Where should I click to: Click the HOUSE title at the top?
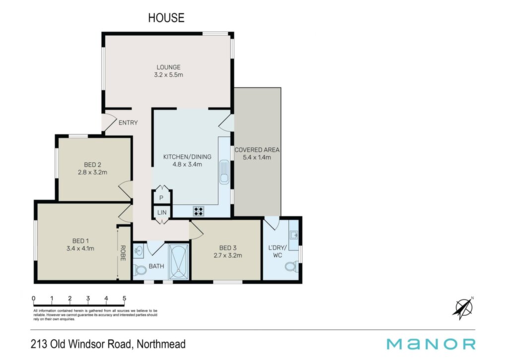(x=166, y=17)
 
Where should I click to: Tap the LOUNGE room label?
(x=169, y=67)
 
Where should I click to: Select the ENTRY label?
(x=128, y=122)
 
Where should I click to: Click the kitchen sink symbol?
(x=224, y=172)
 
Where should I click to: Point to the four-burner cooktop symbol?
(x=198, y=211)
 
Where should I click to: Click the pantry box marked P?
(x=161, y=197)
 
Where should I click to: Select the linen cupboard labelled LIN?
(x=162, y=212)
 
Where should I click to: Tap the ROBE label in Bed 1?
(x=123, y=253)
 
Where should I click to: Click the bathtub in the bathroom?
(x=179, y=261)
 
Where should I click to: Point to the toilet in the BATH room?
(x=140, y=269)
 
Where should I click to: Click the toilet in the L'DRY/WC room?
(x=291, y=266)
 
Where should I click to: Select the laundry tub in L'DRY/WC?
(x=294, y=235)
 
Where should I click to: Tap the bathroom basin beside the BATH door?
(x=139, y=251)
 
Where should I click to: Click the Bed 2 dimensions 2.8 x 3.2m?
(x=92, y=173)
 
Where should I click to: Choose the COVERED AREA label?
(x=257, y=150)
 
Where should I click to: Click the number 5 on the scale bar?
(x=125, y=298)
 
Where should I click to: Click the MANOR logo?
(x=431, y=344)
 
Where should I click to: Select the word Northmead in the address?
(x=161, y=344)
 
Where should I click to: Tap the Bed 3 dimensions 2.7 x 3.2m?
(x=228, y=255)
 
